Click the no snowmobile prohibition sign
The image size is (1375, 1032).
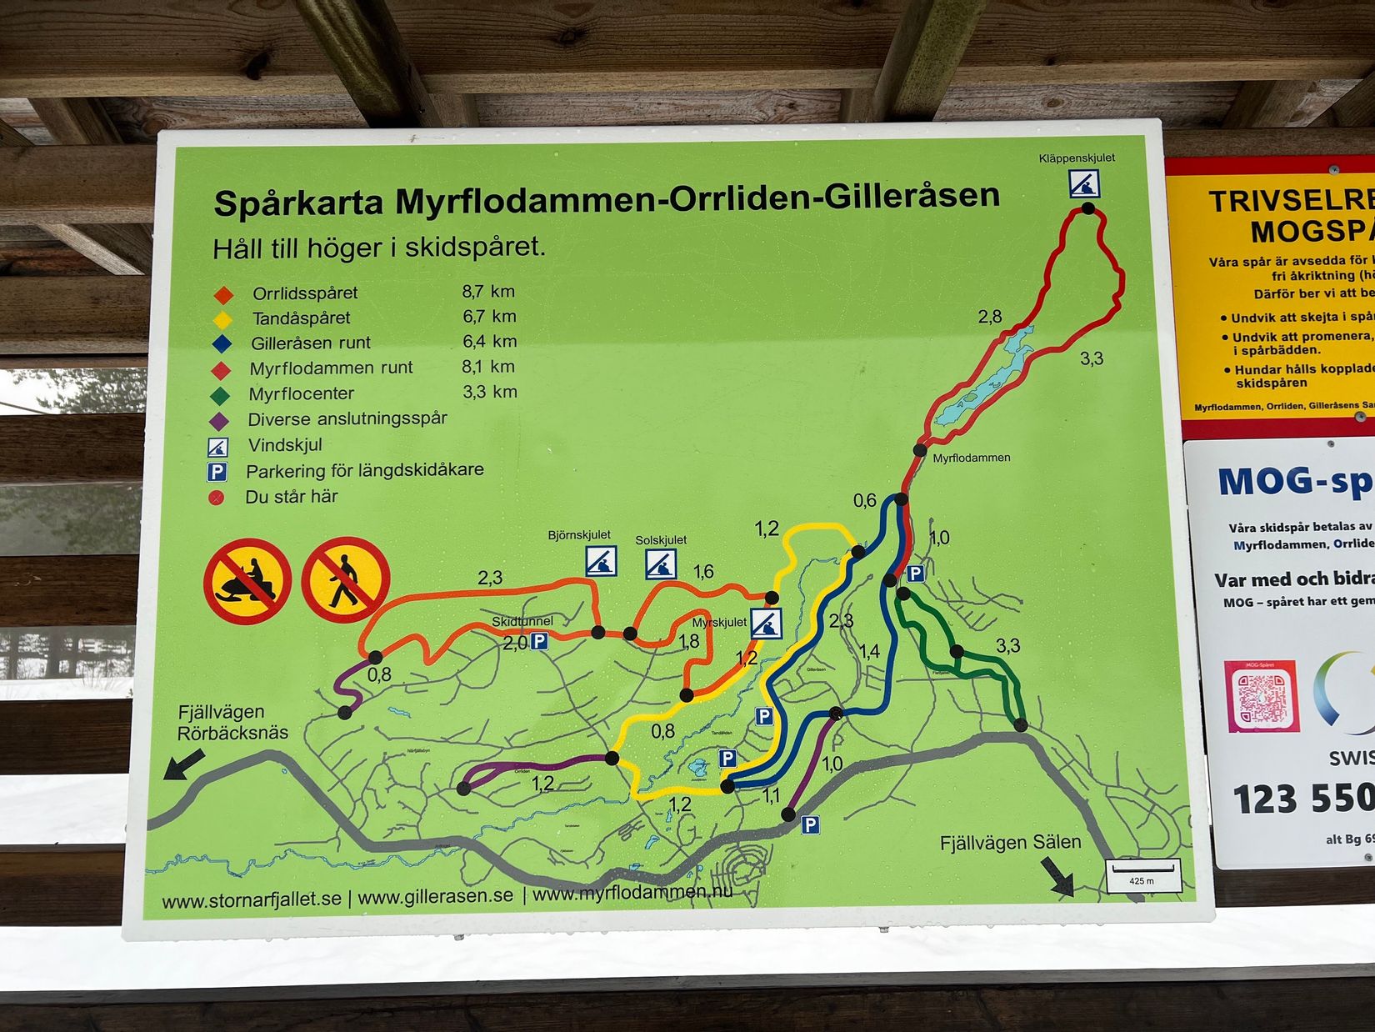tap(247, 581)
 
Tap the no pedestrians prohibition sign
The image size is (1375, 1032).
tap(346, 579)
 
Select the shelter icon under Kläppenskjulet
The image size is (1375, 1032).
tap(1084, 183)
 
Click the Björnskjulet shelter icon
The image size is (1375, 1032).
tap(600, 561)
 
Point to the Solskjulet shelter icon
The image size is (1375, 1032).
tap(661, 564)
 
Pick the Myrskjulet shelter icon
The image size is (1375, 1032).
tap(766, 624)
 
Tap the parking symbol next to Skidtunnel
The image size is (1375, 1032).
tap(540, 642)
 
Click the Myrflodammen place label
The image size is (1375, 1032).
tap(971, 458)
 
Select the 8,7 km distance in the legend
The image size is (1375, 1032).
tap(488, 292)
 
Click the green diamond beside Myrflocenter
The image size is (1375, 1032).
tap(220, 394)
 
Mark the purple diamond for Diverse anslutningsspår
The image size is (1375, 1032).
tap(219, 420)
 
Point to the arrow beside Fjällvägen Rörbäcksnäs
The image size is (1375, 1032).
tap(184, 763)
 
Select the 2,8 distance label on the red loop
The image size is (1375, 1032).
tap(990, 317)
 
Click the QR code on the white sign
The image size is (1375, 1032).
tap(1261, 696)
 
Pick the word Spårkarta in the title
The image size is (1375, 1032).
tap(298, 203)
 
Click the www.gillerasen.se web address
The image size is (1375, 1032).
tap(435, 896)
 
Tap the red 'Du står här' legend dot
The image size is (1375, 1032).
tap(217, 498)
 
